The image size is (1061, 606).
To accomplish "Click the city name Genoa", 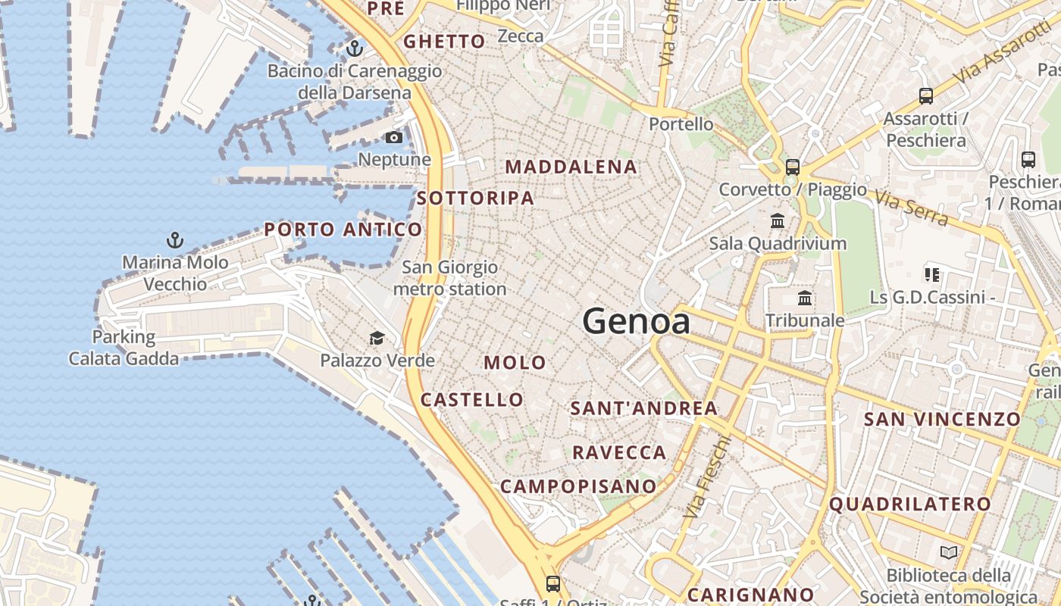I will [x=637, y=322].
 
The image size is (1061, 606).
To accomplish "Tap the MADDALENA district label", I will [x=571, y=167].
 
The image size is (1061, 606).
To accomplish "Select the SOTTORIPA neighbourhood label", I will [x=475, y=198].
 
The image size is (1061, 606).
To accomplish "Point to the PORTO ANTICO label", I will [x=343, y=230].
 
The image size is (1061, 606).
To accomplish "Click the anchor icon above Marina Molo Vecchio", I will [x=175, y=240].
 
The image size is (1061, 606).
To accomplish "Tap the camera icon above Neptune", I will [x=394, y=137].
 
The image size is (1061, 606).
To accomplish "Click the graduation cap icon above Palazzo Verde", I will [x=377, y=338].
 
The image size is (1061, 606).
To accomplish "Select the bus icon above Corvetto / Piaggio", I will [x=793, y=167].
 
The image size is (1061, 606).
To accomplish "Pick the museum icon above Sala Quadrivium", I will [x=778, y=221].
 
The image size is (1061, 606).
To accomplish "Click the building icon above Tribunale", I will [x=805, y=298].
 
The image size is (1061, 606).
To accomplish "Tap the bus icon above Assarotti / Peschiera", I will [x=925, y=96].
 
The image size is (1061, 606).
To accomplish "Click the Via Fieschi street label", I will [x=707, y=476].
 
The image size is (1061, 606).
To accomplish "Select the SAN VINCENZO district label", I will [x=943, y=419].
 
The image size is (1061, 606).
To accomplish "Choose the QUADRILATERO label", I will [x=910, y=504].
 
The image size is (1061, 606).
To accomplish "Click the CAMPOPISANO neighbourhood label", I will [x=578, y=486].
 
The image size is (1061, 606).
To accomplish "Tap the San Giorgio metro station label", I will [x=449, y=278].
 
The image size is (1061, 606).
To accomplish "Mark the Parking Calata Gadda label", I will [x=124, y=348].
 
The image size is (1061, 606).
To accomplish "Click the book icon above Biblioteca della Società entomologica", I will [x=949, y=552].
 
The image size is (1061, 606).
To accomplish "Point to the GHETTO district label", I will [x=444, y=42].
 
